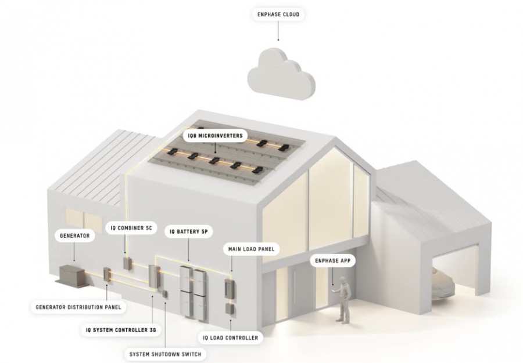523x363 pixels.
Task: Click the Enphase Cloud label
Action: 278,14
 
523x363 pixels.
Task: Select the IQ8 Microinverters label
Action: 215,136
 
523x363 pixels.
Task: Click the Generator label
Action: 75,235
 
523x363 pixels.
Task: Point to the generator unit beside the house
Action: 73,275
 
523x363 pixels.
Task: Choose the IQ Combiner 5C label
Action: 131,228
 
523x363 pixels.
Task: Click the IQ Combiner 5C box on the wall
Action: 127,263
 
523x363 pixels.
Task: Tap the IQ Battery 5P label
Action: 188,231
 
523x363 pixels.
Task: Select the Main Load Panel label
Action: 251,249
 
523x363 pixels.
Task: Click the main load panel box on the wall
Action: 230,289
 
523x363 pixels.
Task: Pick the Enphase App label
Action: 333,260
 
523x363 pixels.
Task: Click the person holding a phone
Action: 343,299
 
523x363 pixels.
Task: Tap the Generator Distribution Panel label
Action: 78,307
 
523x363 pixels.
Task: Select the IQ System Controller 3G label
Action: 121,330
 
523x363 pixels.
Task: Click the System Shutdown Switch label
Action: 166,354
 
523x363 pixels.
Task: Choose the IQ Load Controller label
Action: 231,337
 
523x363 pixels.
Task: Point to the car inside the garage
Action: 442,285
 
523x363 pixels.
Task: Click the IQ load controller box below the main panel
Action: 230,309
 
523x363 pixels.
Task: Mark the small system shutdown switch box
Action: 164,295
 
